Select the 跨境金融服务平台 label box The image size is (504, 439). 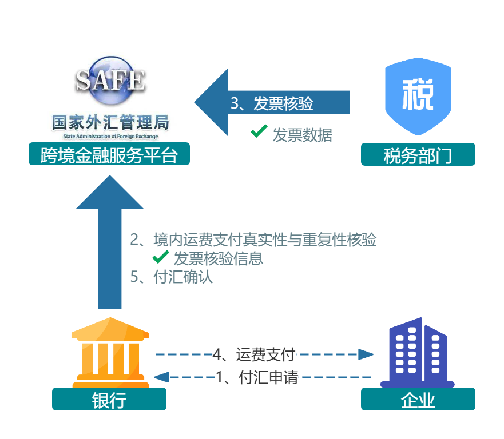tap(109, 154)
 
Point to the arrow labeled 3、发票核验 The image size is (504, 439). tap(272, 103)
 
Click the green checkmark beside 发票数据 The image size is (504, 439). tap(259, 132)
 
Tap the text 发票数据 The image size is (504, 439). tap(302, 135)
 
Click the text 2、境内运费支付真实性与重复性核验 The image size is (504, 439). tap(253, 240)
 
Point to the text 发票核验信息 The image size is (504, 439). tap(219, 258)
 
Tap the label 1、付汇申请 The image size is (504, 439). tap(257, 377)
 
